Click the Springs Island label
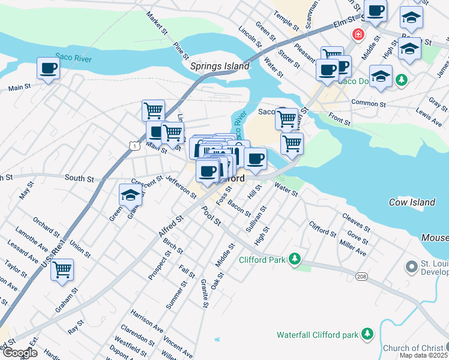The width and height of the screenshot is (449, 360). (219, 67)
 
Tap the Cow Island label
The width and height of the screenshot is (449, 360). (412, 202)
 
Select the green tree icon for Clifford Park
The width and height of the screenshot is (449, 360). (294, 259)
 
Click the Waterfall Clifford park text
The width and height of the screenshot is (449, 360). (317, 334)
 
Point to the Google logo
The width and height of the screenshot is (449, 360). (19, 353)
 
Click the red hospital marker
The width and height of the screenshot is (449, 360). (358, 34)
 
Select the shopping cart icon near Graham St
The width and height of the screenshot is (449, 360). (62, 271)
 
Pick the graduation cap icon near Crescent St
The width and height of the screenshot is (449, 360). (130, 196)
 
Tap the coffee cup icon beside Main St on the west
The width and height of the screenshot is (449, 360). (48, 68)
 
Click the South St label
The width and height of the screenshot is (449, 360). (79, 178)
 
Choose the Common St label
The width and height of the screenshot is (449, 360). (368, 103)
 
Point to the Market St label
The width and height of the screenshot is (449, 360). (155, 23)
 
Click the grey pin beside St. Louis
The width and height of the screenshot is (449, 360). (411, 265)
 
